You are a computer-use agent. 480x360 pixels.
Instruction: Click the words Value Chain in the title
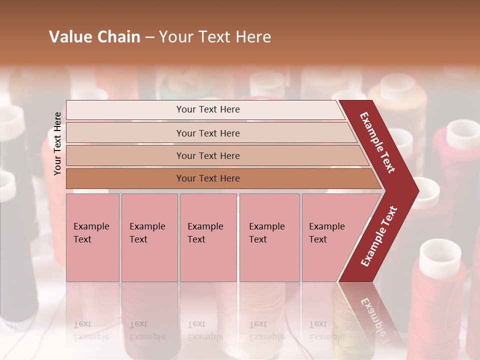pos(94,37)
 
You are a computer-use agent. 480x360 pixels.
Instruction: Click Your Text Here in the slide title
pos(215,37)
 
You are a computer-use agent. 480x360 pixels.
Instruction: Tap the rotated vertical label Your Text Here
pos(57,143)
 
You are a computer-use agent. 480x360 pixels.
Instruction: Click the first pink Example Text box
pos(92,237)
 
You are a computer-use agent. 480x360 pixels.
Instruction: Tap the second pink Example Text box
pos(149,237)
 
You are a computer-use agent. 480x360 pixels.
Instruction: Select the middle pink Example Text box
pos(208,237)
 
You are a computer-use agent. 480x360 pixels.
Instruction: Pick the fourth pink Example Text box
pos(269,237)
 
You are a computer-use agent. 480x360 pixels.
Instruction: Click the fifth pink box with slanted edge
pos(330,237)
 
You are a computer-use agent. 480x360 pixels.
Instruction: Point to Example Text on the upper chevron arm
pos(377,142)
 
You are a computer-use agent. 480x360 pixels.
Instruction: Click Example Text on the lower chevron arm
pos(379,236)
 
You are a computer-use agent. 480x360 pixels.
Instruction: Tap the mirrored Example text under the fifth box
pos(326,330)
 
